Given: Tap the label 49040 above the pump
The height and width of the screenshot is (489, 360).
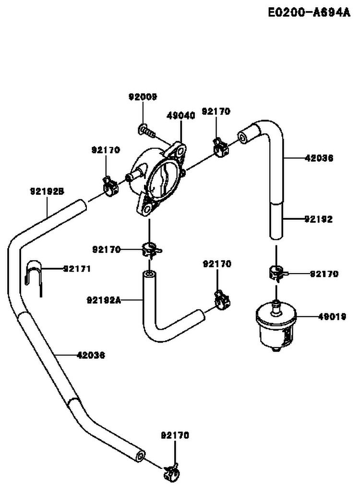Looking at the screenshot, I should [181, 116].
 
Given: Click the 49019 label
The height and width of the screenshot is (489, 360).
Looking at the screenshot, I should [332, 317].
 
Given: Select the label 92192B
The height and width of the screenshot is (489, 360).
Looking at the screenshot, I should [47, 191].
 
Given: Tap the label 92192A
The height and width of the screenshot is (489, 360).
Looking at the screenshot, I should [103, 300].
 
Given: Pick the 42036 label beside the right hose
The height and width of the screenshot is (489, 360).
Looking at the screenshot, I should [319, 158].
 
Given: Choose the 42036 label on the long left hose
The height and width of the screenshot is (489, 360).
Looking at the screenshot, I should [91, 355].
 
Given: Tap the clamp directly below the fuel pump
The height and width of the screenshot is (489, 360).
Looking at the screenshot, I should [151, 250].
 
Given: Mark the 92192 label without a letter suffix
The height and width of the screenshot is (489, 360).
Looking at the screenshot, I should [319, 219].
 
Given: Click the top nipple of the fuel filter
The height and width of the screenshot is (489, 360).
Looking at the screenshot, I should [276, 305].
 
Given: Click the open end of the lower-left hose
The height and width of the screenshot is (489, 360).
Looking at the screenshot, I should [140, 454].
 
